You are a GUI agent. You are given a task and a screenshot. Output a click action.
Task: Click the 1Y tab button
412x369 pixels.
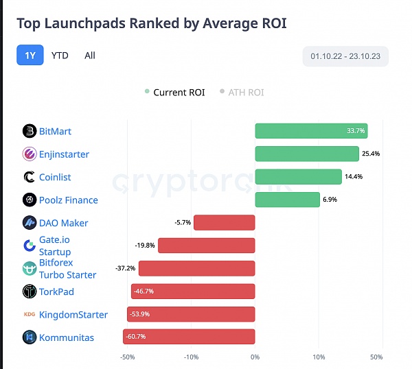30,56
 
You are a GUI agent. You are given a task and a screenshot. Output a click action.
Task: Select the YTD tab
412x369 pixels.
60,56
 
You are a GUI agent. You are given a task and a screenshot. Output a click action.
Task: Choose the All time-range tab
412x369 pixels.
90,56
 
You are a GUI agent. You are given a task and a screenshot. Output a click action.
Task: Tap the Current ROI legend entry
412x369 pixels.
174,93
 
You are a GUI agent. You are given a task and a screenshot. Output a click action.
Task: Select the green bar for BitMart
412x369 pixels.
311,131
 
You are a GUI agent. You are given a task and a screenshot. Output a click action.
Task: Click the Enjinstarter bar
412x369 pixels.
307,154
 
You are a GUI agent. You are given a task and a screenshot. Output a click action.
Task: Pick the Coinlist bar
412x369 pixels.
298,177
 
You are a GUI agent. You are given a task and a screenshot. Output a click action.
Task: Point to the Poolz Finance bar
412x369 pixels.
287,200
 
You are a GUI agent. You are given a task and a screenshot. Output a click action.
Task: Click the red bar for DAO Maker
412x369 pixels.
225,222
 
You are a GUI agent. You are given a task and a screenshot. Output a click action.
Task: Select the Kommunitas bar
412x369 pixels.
189,337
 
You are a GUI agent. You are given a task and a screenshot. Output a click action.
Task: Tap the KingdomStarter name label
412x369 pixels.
73,315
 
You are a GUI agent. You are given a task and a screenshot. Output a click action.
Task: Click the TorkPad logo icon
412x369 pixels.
29,291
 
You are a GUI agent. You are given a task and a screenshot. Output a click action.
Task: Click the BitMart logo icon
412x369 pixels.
29,131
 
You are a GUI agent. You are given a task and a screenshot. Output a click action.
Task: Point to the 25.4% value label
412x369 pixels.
371,154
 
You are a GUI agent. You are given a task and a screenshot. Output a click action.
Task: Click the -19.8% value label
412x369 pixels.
145,245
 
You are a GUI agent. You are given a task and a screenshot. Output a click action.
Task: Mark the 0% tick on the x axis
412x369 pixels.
255,357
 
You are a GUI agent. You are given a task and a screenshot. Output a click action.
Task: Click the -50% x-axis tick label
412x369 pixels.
128,357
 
